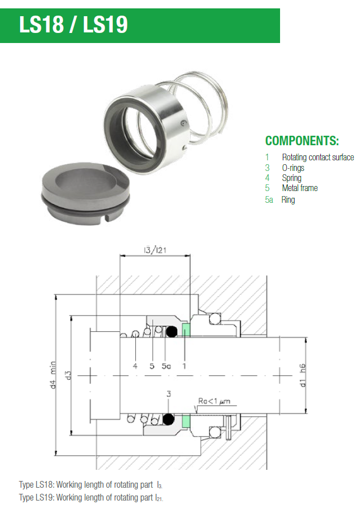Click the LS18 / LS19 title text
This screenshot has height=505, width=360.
73,25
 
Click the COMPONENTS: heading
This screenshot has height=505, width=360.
302,141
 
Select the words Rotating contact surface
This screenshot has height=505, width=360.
318,157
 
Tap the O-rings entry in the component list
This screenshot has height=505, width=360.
293,168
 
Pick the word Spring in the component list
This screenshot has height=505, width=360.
292,178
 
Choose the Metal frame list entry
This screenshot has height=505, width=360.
300,188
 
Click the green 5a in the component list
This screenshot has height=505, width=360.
269,200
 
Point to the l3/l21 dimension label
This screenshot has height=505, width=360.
155,250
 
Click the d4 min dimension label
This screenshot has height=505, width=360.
53,375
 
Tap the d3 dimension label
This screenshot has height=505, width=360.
68,375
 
